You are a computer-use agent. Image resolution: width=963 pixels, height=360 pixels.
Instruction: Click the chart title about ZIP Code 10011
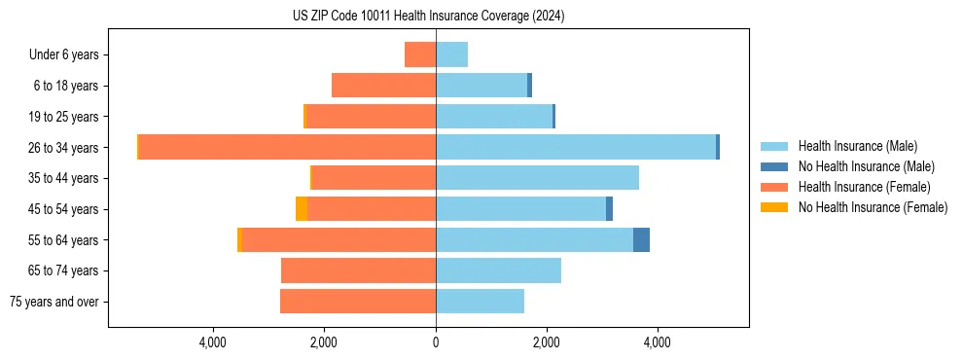point(428,17)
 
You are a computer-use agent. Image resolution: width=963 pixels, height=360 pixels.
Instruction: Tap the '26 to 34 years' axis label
point(64,148)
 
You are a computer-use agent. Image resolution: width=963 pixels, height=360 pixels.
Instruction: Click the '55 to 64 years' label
point(64,240)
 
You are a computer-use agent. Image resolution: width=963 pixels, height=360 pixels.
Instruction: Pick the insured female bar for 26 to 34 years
point(287,147)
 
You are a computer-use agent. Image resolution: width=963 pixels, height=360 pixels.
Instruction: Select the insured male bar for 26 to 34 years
point(576,147)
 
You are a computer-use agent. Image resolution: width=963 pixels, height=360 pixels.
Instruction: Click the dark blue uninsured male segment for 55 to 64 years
point(641,239)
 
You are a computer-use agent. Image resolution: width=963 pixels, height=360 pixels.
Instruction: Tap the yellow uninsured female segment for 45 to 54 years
point(302,208)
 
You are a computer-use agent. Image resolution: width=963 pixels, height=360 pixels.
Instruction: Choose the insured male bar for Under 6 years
point(451,54)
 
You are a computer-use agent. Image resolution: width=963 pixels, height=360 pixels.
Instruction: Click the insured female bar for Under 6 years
point(420,54)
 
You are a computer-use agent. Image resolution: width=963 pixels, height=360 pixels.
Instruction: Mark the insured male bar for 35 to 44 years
point(537,178)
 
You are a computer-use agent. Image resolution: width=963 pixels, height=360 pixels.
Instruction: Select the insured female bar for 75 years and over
point(358,301)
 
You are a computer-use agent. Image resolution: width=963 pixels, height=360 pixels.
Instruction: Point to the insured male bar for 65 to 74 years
point(498,270)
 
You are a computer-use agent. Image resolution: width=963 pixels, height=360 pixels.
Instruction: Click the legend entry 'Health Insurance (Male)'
point(857,146)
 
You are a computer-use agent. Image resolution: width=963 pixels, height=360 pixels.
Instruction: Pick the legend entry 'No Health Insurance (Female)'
point(873,207)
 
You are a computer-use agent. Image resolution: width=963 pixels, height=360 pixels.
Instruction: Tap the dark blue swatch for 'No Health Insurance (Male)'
point(774,166)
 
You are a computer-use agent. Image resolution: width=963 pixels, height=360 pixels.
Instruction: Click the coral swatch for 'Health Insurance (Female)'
point(774,187)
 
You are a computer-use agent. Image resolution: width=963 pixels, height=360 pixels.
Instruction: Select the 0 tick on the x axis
point(436,342)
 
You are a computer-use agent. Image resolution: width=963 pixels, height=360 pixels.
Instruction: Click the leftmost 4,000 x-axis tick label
point(212,342)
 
